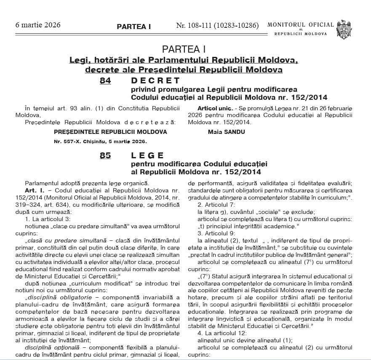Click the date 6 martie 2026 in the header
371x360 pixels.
[x=37, y=25]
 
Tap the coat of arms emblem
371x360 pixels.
[x=345, y=29]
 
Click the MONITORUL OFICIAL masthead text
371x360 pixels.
[x=300, y=25]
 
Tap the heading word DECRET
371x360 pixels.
[x=155, y=80]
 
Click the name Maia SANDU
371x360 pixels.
[x=220, y=132]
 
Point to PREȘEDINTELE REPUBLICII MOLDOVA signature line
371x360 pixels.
[x=110, y=132]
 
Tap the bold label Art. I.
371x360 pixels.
[x=33, y=190]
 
